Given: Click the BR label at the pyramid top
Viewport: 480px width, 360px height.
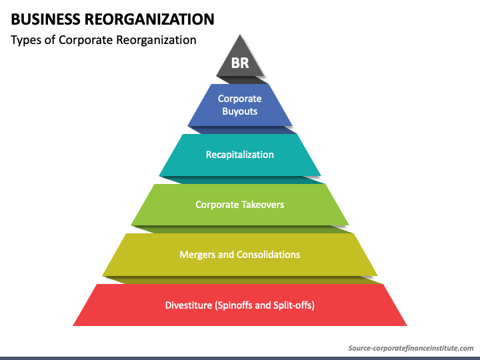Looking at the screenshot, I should click(x=239, y=64).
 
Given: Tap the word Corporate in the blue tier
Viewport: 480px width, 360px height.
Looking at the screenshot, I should click(x=239, y=99).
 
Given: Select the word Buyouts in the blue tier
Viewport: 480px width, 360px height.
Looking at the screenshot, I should click(x=239, y=111).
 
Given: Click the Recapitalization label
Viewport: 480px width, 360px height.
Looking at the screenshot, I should click(x=239, y=155).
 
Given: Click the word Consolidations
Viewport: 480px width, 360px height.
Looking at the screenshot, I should click(x=269, y=255).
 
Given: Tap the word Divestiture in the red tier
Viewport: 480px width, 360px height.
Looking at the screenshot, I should click(x=189, y=305).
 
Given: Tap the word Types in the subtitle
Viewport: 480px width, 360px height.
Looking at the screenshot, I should click(x=26, y=40).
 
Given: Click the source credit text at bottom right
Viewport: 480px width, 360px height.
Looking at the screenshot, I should click(x=411, y=348).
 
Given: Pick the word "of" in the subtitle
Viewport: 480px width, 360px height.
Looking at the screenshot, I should click(x=50, y=40).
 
